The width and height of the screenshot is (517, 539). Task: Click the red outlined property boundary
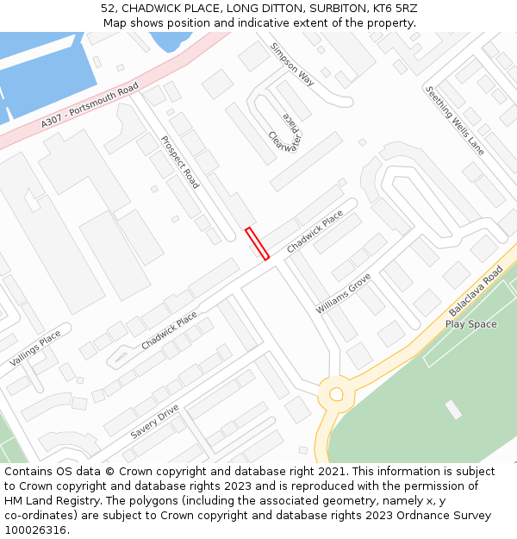pyautogui.click(x=258, y=243)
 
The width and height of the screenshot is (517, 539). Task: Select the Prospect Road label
pyautogui.click(x=180, y=162)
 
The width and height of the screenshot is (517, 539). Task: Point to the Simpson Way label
pyautogui.click(x=292, y=65)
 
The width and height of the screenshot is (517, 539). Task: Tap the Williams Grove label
pyautogui.click(x=343, y=293)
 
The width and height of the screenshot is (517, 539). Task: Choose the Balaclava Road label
pyautogui.click(x=476, y=291)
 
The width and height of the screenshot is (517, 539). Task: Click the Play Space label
pyautogui.click(x=471, y=324)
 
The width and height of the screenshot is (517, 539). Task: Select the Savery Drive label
pyautogui.click(x=154, y=421)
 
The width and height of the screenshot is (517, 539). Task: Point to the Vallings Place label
pyautogui.click(x=35, y=348)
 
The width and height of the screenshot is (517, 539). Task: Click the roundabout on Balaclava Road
pyautogui.click(x=335, y=395)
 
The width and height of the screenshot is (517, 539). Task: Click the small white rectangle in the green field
pyautogui.click(x=452, y=410)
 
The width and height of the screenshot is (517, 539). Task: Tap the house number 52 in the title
pyautogui.click(x=108, y=8)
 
